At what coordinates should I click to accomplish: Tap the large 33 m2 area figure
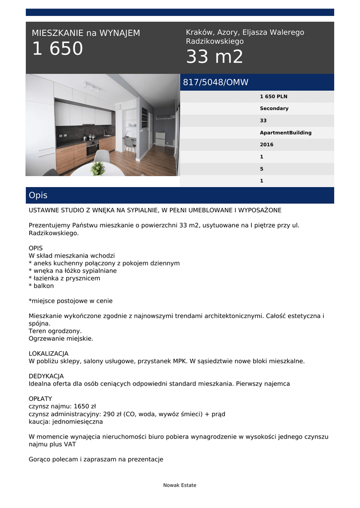coord(215,58)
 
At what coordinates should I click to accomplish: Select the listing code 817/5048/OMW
coord(216,82)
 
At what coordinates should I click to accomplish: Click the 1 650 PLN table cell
coord(274,96)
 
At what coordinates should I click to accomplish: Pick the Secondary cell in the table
coord(274,108)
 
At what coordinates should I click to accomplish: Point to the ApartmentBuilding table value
coord(286,132)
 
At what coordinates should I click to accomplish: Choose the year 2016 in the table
coord(267,145)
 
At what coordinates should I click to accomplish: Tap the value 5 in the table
coord(262,169)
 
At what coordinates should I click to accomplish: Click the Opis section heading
coord(38,195)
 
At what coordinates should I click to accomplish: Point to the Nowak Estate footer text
coord(180,485)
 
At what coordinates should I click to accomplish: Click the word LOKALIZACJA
coord(49,354)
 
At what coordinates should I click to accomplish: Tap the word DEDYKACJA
coord(46,376)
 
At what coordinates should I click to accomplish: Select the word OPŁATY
coord(40,399)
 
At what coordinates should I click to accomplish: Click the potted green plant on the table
coord(98,168)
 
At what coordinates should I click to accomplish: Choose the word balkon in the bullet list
coord(43,286)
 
